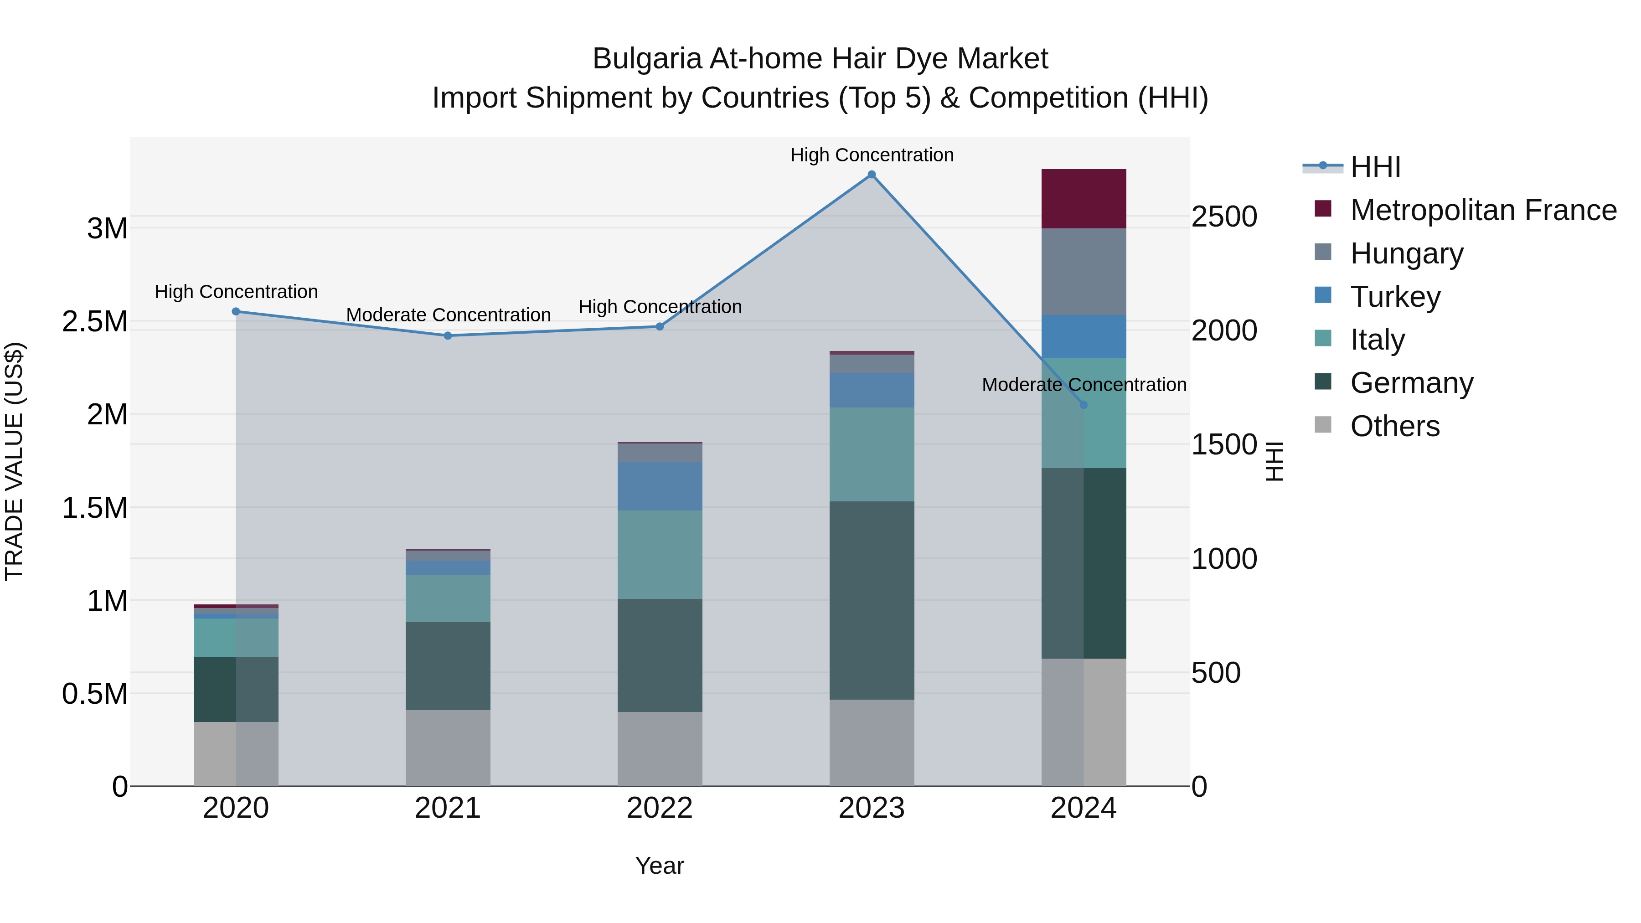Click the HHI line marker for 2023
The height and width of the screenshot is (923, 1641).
872,175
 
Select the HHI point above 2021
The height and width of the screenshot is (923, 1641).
448,335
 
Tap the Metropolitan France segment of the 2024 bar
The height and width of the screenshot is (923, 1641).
1084,199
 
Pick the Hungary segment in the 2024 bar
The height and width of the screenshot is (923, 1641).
1084,271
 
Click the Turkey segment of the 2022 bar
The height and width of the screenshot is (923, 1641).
660,486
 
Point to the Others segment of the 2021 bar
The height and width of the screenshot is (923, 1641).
448,748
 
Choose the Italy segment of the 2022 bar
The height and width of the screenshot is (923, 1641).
660,554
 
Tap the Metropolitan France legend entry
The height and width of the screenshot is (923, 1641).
1482,210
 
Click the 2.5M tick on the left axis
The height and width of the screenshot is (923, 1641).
96,322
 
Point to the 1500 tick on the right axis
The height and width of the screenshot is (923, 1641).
1224,444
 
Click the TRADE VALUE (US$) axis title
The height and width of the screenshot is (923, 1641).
14,461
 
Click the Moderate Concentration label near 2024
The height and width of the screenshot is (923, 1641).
1084,385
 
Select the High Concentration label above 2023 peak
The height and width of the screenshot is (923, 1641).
872,155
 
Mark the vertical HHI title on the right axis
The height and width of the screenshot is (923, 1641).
1274,461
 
